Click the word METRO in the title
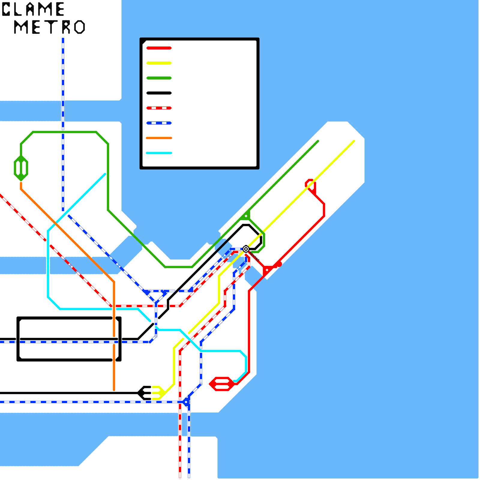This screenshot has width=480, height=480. click(x=49, y=27)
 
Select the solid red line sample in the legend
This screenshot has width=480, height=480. click(x=159, y=48)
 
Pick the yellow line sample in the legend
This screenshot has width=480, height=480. click(x=159, y=63)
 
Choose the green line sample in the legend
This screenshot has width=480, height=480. click(x=159, y=78)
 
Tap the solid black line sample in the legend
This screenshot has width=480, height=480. click(x=159, y=93)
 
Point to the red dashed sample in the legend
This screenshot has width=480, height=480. click(x=159, y=108)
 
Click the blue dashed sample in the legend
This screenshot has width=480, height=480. click(x=159, y=123)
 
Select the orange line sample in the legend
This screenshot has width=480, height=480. click(x=159, y=138)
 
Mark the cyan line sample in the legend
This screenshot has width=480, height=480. click(x=159, y=153)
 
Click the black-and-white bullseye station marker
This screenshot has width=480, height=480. click(x=246, y=249)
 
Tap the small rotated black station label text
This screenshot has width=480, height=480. click(x=254, y=256)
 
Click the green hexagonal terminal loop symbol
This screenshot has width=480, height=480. click(x=21, y=168)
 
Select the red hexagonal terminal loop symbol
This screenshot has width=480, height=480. click(x=222, y=384)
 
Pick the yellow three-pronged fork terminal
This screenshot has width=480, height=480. click(x=158, y=393)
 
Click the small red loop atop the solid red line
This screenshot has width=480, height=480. click(x=310, y=184)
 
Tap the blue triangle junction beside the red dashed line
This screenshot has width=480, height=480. click(x=186, y=401)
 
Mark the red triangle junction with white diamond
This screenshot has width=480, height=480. click(x=267, y=270)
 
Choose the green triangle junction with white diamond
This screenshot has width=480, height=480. click(x=246, y=215)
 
